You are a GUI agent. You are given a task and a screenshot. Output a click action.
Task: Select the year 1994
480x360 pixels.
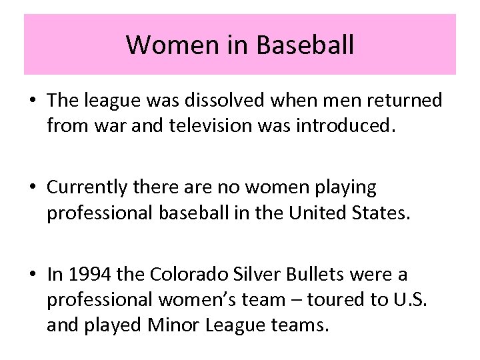click(85, 275)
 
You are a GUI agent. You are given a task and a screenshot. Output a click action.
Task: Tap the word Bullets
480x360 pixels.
click(317, 275)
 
